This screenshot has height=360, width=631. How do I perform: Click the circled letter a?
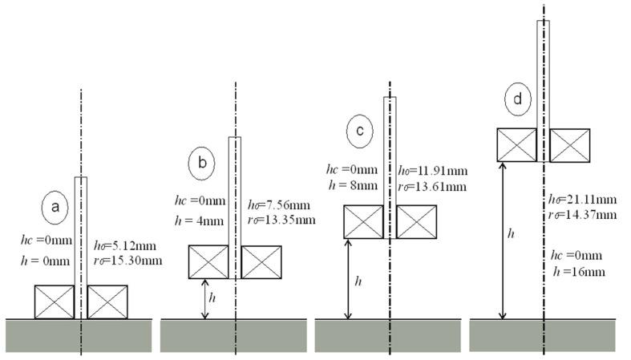(x=55, y=208)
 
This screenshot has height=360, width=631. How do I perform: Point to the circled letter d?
(x=518, y=99)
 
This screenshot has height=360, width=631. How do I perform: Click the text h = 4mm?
(x=197, y=218)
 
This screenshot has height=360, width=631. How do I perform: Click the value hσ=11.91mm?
(x=433, y=171)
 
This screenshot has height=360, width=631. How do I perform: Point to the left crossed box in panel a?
(x=54, y=302)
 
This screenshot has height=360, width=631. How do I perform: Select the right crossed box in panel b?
(x=261, y=262)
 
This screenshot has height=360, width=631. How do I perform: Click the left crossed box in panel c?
(x=364, y=221)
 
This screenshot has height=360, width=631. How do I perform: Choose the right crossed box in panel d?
(x=570, y=145)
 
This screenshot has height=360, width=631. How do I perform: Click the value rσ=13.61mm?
(x=433, y=186)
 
